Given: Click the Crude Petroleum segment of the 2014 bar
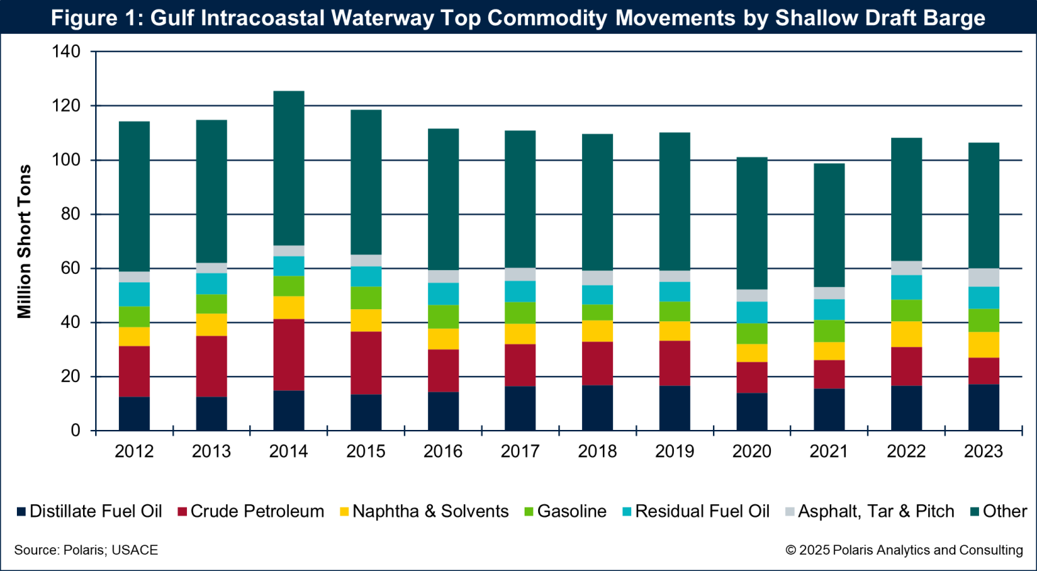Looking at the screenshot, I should [288, 355].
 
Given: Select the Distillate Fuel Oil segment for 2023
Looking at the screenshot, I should [984, 408].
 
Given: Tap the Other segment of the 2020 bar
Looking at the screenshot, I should [751, 223].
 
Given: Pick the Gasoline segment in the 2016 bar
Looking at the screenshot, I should [443, 317].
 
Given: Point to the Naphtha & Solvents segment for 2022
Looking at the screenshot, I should [906, 334].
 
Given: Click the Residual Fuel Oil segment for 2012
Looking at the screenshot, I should [134, 294].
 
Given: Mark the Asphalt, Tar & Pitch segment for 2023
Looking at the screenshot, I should [984, 277].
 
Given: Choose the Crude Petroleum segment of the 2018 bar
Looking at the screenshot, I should [597, 364].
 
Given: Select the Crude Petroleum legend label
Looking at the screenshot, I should [257, 512].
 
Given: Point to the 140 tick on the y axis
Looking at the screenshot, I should [66, 52].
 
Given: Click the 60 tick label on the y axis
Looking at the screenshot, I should [71, 269].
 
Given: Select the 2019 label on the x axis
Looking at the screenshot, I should [674, 452].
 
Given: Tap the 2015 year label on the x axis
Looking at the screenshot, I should [366, 452].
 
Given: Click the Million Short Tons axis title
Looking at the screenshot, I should [25, 242].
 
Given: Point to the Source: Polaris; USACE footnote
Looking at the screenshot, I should [86, 550].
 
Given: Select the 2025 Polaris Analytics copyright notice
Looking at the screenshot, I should [904, 550].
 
